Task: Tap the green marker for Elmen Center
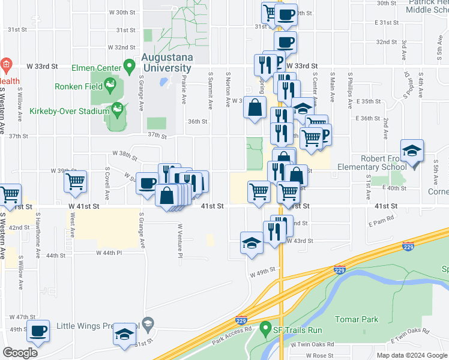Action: pos(128,65)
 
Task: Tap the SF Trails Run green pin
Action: pos(265,329)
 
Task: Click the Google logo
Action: pos(20,352)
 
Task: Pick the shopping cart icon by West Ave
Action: pos(75,181)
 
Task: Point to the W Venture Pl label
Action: pos(179,241)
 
